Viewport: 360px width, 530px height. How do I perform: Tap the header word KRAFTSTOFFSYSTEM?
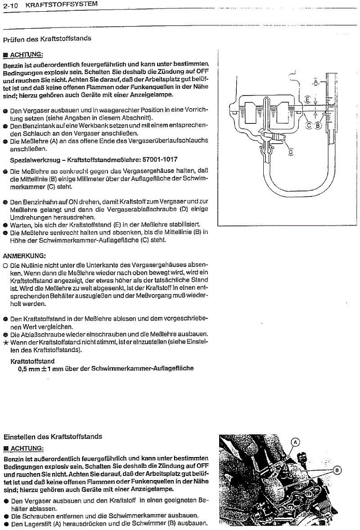[62, 4]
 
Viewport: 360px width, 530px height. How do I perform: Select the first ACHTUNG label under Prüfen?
[26, 54]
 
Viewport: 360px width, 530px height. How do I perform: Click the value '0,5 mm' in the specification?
[29, 368]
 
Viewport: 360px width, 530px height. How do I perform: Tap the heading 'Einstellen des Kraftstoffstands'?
[53, 437]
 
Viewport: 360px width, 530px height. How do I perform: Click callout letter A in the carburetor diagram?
[316, 82]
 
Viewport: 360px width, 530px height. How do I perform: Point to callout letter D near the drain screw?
[290, 152]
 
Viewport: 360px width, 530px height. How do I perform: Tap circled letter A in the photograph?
[296, 442]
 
